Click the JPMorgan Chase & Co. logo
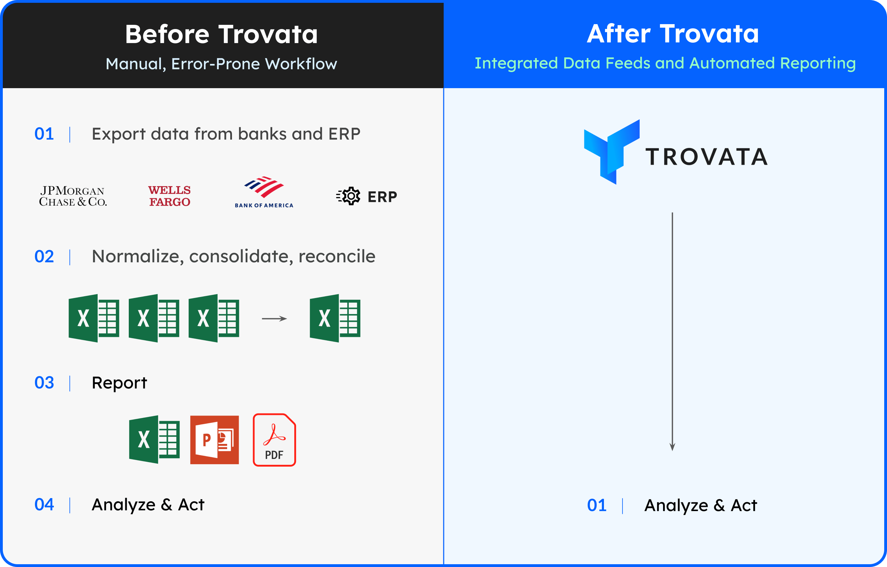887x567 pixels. tap(73, 196)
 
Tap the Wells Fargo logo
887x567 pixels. tap(169, 196)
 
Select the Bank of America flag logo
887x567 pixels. tap(264, 187)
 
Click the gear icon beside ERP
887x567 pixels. tap(349, 196)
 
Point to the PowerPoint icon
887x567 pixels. tap(214, 440)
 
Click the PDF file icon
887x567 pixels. tap(274, 440)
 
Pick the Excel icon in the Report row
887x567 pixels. tap(154, 439)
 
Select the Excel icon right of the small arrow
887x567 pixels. tap(335, 318)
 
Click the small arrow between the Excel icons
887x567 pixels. tap(274, 318)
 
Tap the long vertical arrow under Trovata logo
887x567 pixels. tap(672, 331)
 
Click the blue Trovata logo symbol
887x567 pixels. tap(612, 152)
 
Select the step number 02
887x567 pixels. tap(44, 256)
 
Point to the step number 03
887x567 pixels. tap(44, 383)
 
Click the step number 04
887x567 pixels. tap(44, 504)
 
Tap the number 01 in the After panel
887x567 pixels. tap(597, 505)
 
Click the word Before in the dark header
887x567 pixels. tap(167, 34)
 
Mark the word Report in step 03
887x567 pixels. tap(119, 383)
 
